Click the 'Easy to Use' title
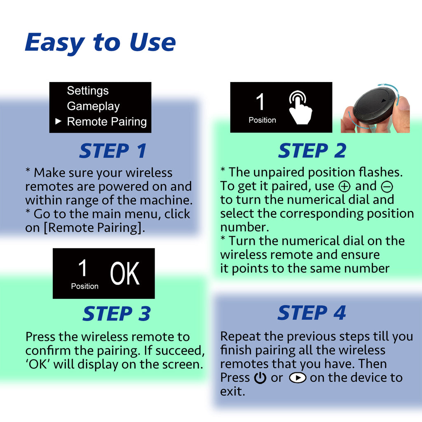click(x=100, y=42)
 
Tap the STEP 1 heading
click(x=113, y=151)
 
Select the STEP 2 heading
click(x=312, y=151)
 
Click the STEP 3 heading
click(x=117, y=314)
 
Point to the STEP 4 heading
click(x=312, y=313)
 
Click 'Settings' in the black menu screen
click(x=88, y=91)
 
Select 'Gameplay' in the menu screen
click(x=93, y=106)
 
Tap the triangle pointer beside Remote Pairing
click(x=58, y=122)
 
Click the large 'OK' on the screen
click(x=124, y=273)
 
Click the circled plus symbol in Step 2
click(x=344, y=187)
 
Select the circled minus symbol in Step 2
click(x=387, y=187)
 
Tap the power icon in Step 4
click(x=260, y=378)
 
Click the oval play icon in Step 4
click(x=297, y=378)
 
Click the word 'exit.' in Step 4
click(x=232, y=391)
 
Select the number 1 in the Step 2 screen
click(x=260, y=102)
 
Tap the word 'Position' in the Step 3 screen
click(x=84, y=286)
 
